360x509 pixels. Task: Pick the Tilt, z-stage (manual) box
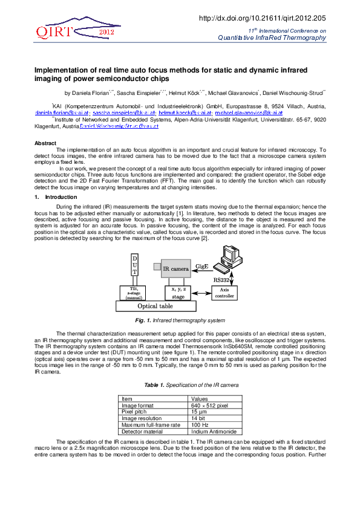134,293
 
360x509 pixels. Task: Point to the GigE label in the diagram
202,265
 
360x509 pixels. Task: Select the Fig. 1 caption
180,320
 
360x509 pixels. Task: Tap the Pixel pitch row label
134,412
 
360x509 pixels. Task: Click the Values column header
199,398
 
